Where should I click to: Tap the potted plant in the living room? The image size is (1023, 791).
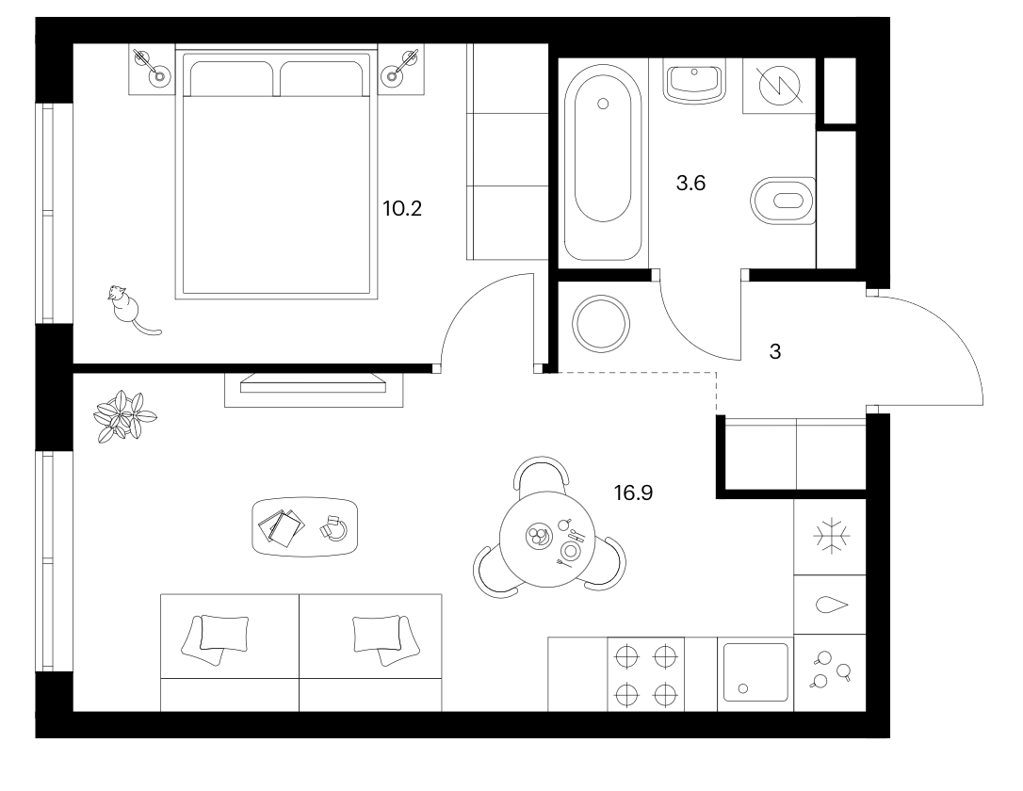125,416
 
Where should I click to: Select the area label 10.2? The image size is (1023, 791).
402,209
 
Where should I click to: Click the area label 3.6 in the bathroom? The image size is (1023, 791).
690,184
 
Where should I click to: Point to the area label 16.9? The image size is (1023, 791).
633,493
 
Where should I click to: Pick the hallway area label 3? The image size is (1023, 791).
775,352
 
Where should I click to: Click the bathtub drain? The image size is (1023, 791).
603,104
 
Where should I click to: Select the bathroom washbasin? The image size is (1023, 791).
694,82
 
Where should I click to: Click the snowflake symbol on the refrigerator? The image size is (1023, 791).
832,537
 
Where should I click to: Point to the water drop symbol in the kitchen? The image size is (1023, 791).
832,605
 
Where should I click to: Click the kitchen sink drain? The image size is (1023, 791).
742,688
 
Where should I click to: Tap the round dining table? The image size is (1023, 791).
546,540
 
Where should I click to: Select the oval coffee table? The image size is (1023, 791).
304,527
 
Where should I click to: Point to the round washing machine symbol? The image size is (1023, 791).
601,323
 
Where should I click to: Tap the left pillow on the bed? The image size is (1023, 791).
232,78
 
